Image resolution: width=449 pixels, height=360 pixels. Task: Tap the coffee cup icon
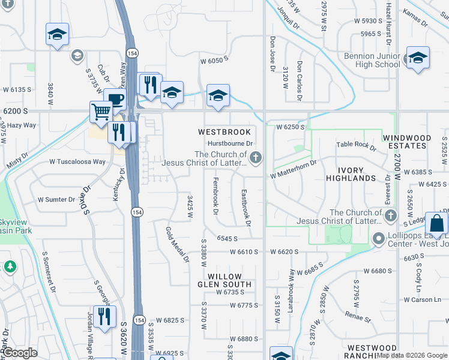(x=115, y=100)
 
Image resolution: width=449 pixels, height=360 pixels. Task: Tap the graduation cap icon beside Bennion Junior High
(x=418, y=58)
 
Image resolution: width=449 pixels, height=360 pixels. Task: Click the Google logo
(x=20, y=353)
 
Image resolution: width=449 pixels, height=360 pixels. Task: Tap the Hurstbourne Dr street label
(x=231, y=143)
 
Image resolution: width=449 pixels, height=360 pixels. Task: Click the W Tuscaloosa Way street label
(x=77, y=161)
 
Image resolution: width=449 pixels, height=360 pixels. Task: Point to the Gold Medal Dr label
(x=178, y=245)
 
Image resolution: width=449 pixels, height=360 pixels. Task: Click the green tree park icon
(x=10, y=266)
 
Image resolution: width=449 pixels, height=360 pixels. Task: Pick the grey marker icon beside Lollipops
(x=378, y=239)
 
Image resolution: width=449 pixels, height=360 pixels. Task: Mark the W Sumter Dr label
(x=56, y=199)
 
